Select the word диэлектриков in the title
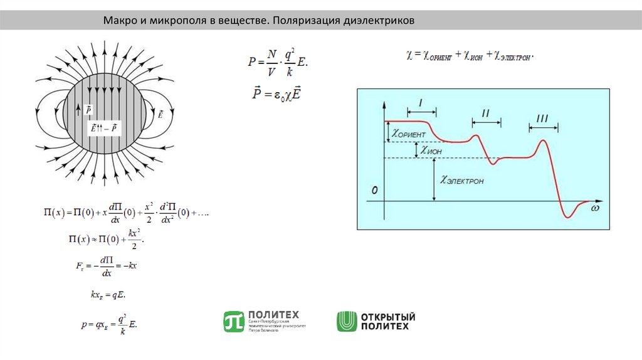(379, 21)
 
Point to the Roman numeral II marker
(485, 114)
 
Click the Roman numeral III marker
(542, 119)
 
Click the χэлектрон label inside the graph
(462, 181)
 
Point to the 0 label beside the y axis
(374, 189)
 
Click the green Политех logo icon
(233, 321)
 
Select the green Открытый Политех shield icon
(346, 321)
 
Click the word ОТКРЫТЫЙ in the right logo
(387, 317)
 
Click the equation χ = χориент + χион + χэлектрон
(470, 56)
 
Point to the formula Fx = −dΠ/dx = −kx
(106, 266)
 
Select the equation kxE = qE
(108, 294)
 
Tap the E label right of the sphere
(160, 115)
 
